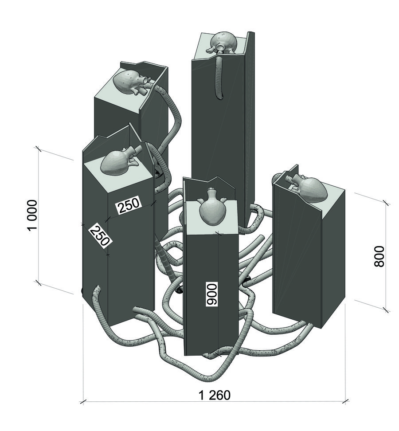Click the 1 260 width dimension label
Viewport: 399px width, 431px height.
pos(214,395)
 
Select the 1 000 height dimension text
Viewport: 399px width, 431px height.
pos(32,216)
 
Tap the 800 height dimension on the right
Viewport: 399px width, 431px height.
pos(379,256)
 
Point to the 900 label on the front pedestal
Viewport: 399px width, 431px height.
pos(212,294)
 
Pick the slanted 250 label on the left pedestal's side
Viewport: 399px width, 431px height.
pos(100,236)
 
